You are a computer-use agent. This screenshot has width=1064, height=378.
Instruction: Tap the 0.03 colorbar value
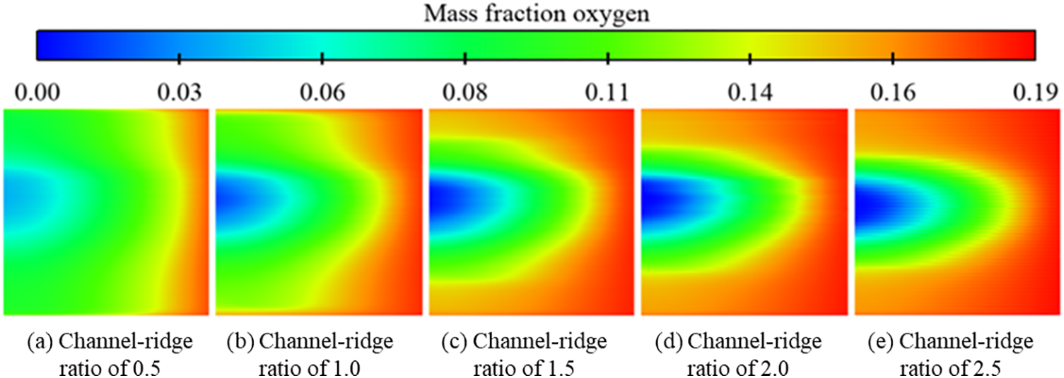[179, 93]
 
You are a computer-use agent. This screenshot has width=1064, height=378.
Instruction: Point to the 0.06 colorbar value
[322, 93]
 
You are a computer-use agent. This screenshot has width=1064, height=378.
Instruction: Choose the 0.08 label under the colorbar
[464, 93]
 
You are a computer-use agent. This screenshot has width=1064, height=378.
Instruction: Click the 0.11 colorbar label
[607, 93]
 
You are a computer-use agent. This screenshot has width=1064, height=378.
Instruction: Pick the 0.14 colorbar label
[750, 93]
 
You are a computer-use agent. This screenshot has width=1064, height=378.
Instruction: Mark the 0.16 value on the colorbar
[894, 93]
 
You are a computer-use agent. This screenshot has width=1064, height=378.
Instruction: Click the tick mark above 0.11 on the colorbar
[607, 56]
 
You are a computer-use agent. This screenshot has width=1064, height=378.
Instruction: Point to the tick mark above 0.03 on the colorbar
[179, 56]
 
